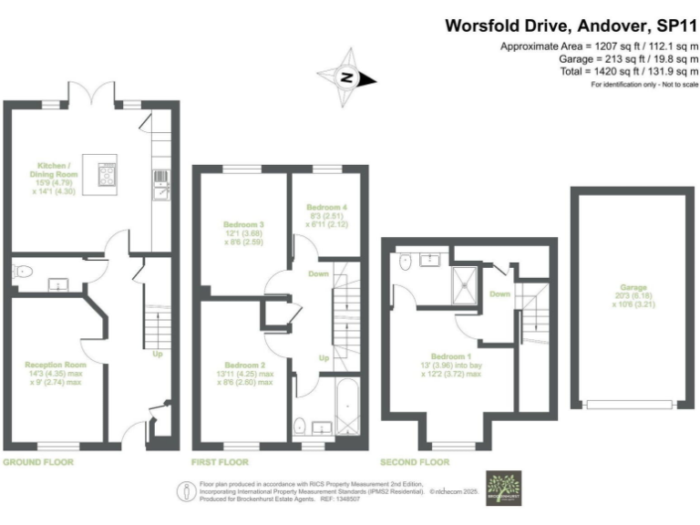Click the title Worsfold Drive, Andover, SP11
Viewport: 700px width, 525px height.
[x=571, y=26]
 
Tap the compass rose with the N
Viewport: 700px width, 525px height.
[x=345, y=78]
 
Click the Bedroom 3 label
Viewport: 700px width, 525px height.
[x=243, y=233]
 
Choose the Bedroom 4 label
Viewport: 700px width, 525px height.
[x=326, y=212]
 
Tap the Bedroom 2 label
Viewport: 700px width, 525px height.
[x=243, y=375]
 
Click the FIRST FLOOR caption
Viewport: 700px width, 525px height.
[x=220, y=462]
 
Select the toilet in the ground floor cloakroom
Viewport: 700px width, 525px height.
[x=24, y=271]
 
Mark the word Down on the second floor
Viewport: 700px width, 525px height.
[x=499, y=294]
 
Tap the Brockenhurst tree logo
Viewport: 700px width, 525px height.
[x=501, y=487]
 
